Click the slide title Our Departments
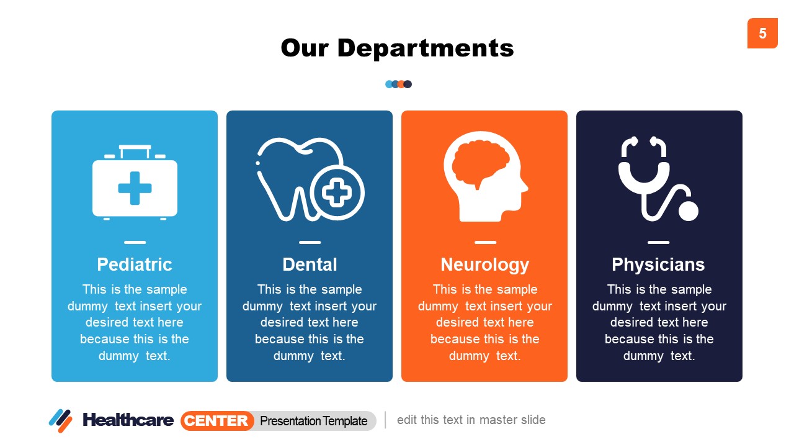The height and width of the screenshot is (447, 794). (x=397, y=48)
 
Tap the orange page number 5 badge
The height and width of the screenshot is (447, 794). (x=762, y=34)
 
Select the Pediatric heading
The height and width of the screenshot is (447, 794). (x=135, y=264)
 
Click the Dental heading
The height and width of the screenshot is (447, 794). (x=310, y=264)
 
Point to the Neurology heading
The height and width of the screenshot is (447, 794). (x=484, y=264)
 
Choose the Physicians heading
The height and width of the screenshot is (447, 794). (x=658, y=264)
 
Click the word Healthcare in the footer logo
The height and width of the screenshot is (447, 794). (x=128, y=420)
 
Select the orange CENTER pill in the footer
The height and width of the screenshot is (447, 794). (x=217, y=421)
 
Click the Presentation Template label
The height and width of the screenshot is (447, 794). (x=314, y=421)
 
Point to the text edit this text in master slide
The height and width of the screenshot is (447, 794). (x=471, y=420)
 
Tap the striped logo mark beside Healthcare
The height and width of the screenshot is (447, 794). (x=60, y=420)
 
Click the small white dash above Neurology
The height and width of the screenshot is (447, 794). (x=485, y=243)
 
